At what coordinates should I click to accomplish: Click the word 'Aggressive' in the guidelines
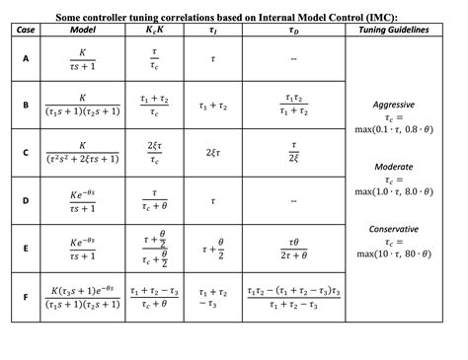[x=393, y=104]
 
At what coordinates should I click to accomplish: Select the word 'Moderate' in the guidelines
[x=393, y=167]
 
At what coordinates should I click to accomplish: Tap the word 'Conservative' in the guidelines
[x=393, y=229]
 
